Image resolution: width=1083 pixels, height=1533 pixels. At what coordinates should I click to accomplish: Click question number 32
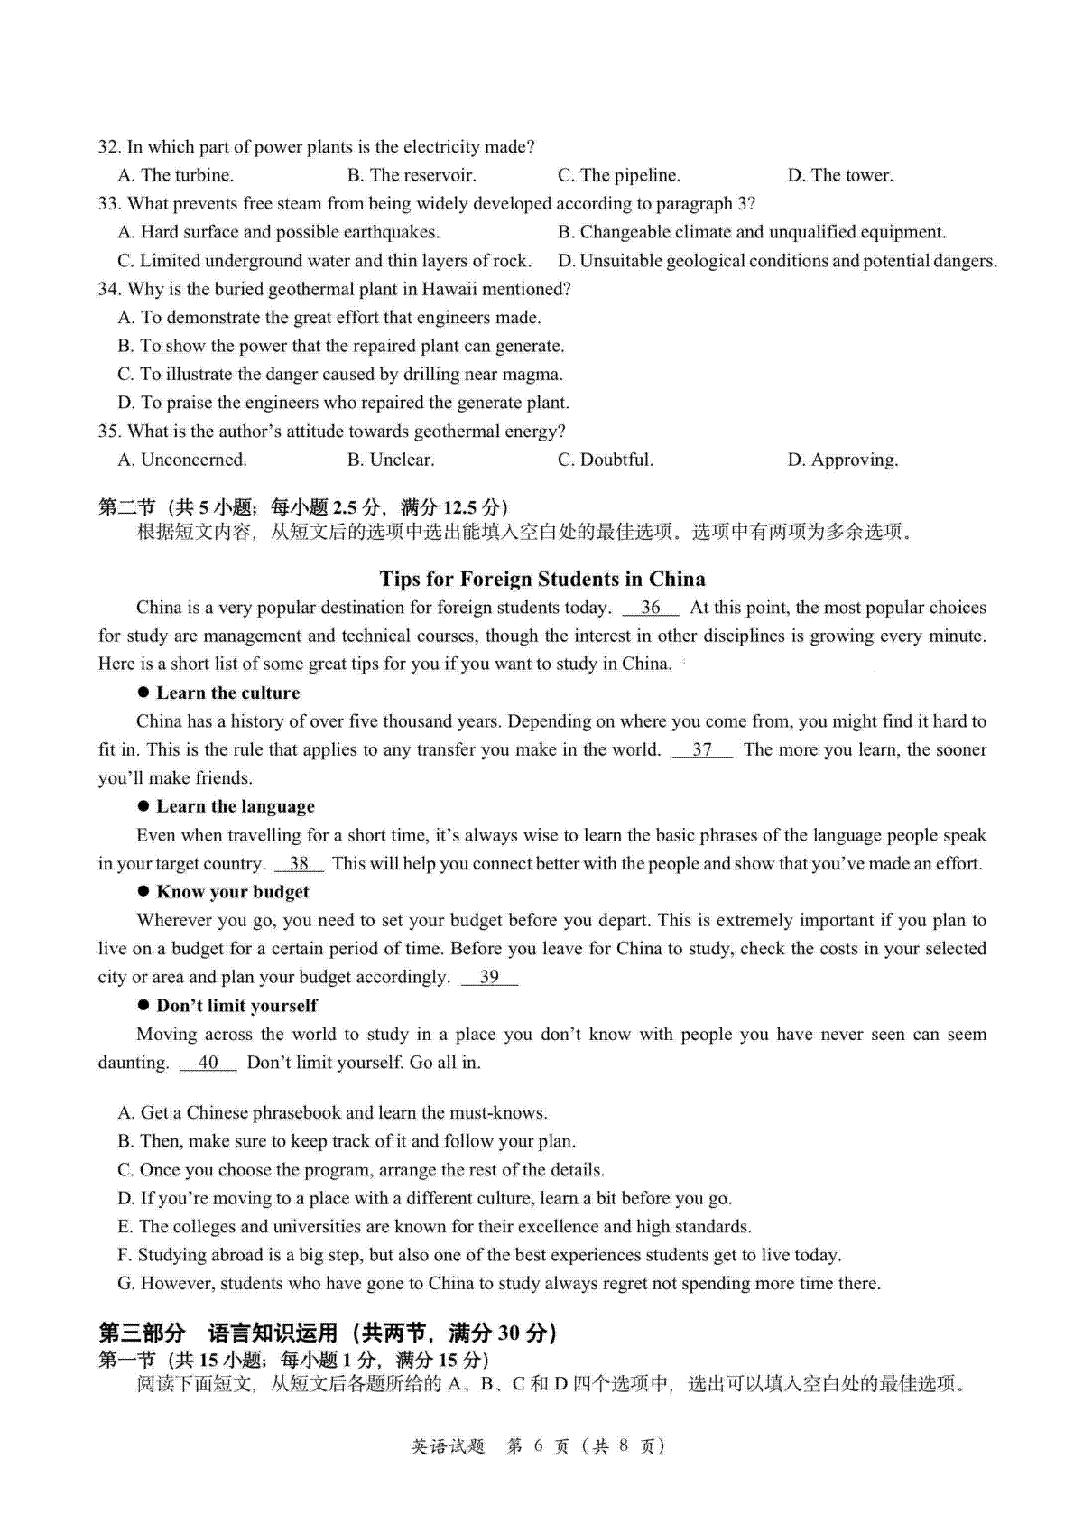[109, 147]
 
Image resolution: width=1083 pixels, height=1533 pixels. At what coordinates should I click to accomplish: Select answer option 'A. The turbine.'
[176, 175]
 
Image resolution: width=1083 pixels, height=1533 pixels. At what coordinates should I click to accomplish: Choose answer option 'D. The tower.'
[840, 175]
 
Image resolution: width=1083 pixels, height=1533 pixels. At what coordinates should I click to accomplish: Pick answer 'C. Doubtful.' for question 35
[605, 460]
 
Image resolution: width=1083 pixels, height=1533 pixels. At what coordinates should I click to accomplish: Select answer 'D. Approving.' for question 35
[843, 460]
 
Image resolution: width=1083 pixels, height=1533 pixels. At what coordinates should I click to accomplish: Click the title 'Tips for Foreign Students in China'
[542, 579]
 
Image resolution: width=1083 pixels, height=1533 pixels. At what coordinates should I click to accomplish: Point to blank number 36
[650, 608]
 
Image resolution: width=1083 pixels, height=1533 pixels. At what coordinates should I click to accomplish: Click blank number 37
[702, 749]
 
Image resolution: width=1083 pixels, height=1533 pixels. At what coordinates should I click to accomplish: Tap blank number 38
[299, 863]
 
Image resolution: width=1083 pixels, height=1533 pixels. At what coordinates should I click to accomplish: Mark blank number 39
[489, 977]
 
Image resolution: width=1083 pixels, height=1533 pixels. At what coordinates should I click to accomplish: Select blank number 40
[208, 1063]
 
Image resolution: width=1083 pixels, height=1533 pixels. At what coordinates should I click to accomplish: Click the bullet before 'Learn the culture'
[143, 692]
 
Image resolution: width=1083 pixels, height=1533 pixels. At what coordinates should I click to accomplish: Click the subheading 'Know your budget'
[233, 892]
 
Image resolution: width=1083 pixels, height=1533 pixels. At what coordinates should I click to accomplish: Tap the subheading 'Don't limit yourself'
[237, 1006]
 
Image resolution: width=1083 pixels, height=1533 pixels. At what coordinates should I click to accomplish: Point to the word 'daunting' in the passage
[133, 1063]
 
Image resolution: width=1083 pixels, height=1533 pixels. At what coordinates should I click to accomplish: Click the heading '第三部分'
[142, 1333]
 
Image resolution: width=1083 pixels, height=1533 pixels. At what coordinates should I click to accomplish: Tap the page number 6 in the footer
[538, 1445]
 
